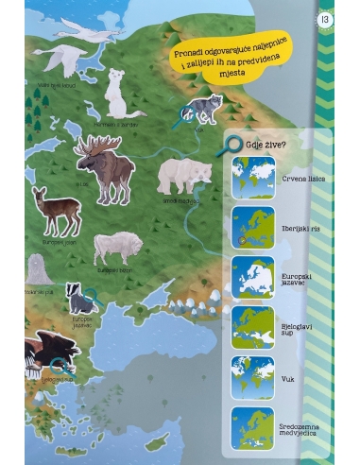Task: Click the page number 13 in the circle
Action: point(325,18)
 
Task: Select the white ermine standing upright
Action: point(119,92)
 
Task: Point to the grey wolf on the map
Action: point(205,110)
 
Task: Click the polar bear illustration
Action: point(184,176)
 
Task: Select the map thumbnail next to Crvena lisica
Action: point(253,178)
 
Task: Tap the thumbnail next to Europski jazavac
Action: point(253,278)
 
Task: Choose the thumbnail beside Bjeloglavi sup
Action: point(253,328)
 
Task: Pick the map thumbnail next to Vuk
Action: point(253,378)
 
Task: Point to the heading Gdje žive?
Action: point(267,145)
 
